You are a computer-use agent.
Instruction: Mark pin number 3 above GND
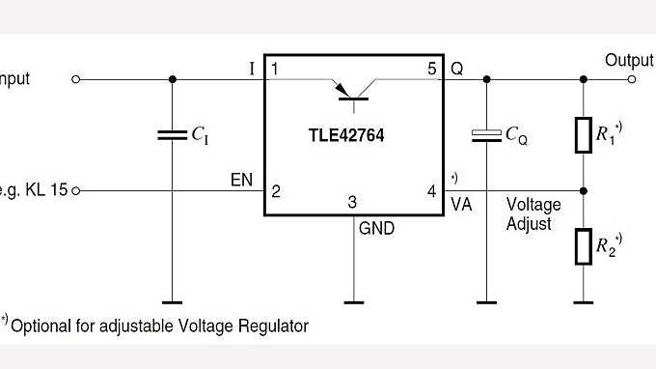click(x=353, y=203)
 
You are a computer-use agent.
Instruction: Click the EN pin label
click(x=241, y=180)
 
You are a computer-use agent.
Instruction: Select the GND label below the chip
click(x=375, y=230)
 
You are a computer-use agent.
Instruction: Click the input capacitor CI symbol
click(x=172, y=136)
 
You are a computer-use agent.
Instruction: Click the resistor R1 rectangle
click(x=583, y=135)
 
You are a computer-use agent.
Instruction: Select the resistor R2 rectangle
click(x=583, y=246)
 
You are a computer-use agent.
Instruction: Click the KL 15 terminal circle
click(x=77, y=190)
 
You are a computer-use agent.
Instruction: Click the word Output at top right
click(x=629, y=60)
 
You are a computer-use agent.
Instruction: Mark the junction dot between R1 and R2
click(x=583, y=190)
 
